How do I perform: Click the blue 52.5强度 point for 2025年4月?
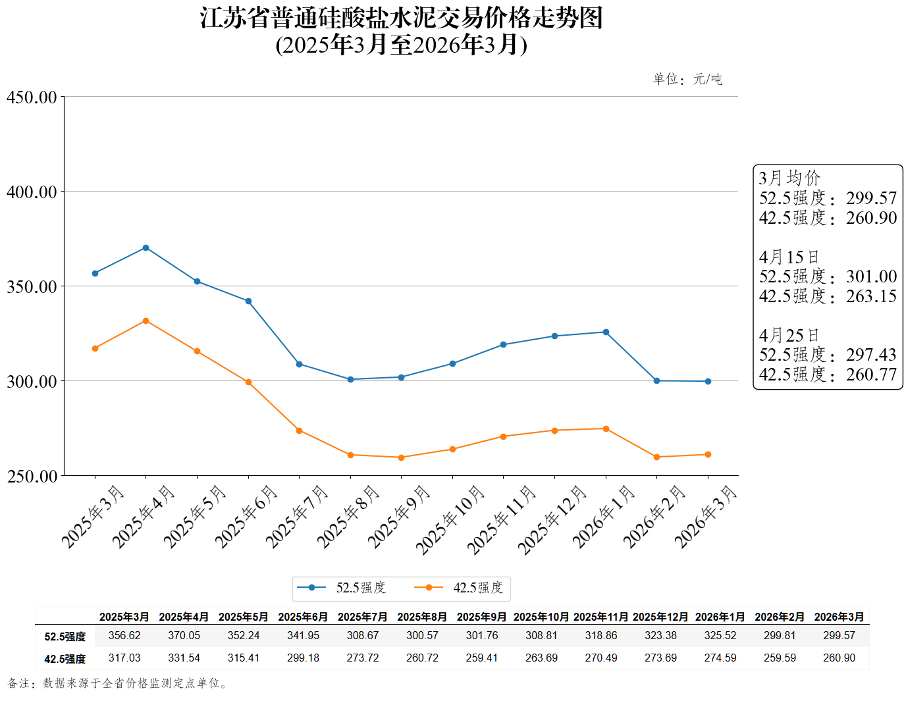pyautogui.click(x=146, y=248)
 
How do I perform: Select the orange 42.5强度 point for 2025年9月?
pyautogui.click(x=401, y=457)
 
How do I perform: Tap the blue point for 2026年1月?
pyautogui.click(x=606, y=332)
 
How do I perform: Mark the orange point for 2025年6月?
pyautogui.click(x=248, y=382)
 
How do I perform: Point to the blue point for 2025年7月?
pyautogui.click(x=299, y=364)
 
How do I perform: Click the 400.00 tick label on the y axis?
pyautogui.click(x=32, y=192)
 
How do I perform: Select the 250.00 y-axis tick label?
pyautogui.click(x=32, y=476)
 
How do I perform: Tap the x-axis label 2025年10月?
pyautogui.click(x=450, y=519)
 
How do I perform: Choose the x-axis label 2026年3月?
pyautogui.click(x=705, y=516)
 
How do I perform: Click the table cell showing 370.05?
pyautogui.click(x=184, y=636)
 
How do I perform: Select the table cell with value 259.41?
pyautogui.click(x=482, y=658)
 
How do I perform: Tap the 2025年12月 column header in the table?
pyautogui.click(x=660, y=617)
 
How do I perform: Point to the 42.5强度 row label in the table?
pyautogui.click(x=65, y=659)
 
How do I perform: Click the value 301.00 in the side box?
pyautogui.click(x=871, y=276)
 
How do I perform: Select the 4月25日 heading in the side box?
pyautogui.click(x=789, y=336)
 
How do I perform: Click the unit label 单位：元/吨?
pyautogui.click(x=687, y=80)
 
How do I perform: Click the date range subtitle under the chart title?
pyautogui.click(x=401, y=45)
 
